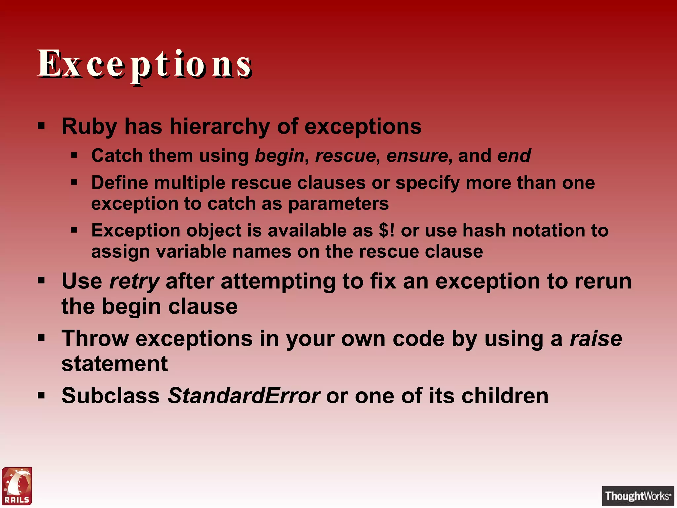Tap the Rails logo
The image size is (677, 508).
pos(17,486)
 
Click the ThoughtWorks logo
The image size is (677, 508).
pos(638,496)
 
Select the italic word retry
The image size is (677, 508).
pos(135,282)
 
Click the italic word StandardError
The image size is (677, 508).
pos(244,396)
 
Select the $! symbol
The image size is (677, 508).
pos(386,230)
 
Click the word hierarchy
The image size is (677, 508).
pos(219,127)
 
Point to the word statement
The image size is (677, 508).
pos(115,363)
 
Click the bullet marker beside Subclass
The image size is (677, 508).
pos(41,395)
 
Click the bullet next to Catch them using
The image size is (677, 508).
pos(74,155)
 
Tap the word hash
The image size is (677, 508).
pos(484,230)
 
